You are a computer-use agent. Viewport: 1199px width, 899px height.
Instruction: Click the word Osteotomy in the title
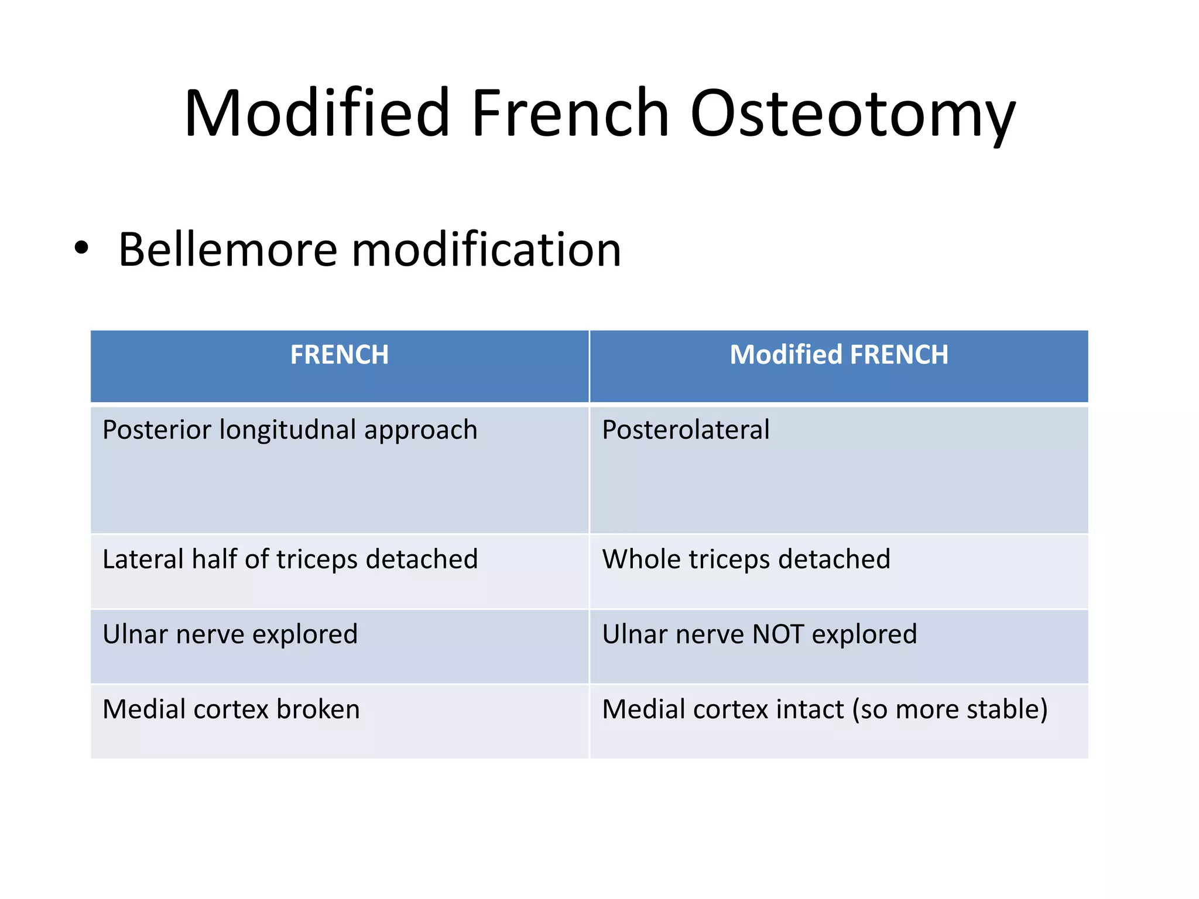coord(852,114)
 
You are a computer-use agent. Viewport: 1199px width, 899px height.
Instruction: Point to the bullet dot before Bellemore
coord(82,248)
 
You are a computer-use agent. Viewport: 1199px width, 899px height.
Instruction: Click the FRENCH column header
coord(340,355)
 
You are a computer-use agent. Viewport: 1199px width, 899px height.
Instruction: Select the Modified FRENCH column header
coord(838,355)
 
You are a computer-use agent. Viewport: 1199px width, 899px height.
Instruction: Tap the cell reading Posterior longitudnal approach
coord(290,430)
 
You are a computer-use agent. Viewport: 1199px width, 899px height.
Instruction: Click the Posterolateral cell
coord(686,430)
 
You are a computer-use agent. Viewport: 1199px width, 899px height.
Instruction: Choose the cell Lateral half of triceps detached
coord(290,560)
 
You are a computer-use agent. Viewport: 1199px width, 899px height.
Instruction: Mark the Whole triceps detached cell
coord(746,560)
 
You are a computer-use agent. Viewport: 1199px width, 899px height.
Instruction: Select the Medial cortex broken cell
coord(231,709)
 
